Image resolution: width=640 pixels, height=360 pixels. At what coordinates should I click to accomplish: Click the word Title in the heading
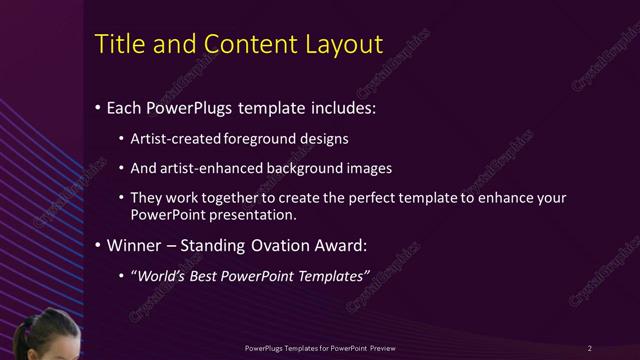[x=116, y=44]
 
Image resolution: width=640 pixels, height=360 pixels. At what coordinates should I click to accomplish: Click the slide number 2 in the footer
[x=590, y=347]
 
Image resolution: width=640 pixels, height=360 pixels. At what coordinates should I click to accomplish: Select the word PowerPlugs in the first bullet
[x=191, y=106]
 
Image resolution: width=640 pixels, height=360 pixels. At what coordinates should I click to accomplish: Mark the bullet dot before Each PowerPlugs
[x=96, y=107]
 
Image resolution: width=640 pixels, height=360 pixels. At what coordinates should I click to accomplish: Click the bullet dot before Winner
[x=96, y=246]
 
